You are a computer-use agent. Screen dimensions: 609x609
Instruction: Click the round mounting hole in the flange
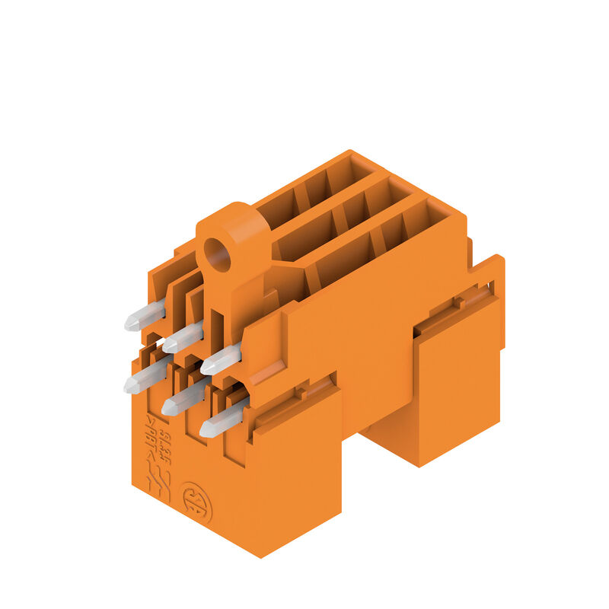pyautogui.click(x=218, y=255)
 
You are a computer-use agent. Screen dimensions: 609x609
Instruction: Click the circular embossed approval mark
pyautogui.click(x=196, y=501)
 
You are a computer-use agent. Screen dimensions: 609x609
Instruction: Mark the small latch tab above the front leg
pyautogui.click(x=302, y=393)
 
